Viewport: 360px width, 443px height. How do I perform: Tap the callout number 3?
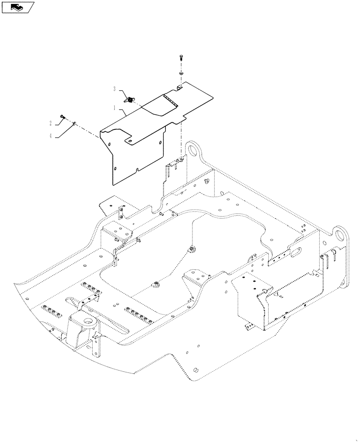point(115,89)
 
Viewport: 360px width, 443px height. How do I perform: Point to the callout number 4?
point(51,136)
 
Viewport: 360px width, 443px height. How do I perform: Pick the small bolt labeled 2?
point(62,117)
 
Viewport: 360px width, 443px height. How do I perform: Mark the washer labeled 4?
point(75,123)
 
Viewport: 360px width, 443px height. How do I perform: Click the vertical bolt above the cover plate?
point(181,58)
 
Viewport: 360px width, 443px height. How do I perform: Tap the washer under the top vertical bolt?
point(181,72)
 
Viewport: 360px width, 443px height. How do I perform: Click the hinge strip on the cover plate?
point(169,100)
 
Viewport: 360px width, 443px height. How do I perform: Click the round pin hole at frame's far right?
point(340,235)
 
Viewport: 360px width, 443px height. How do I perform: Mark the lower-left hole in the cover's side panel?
point(115,168)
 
